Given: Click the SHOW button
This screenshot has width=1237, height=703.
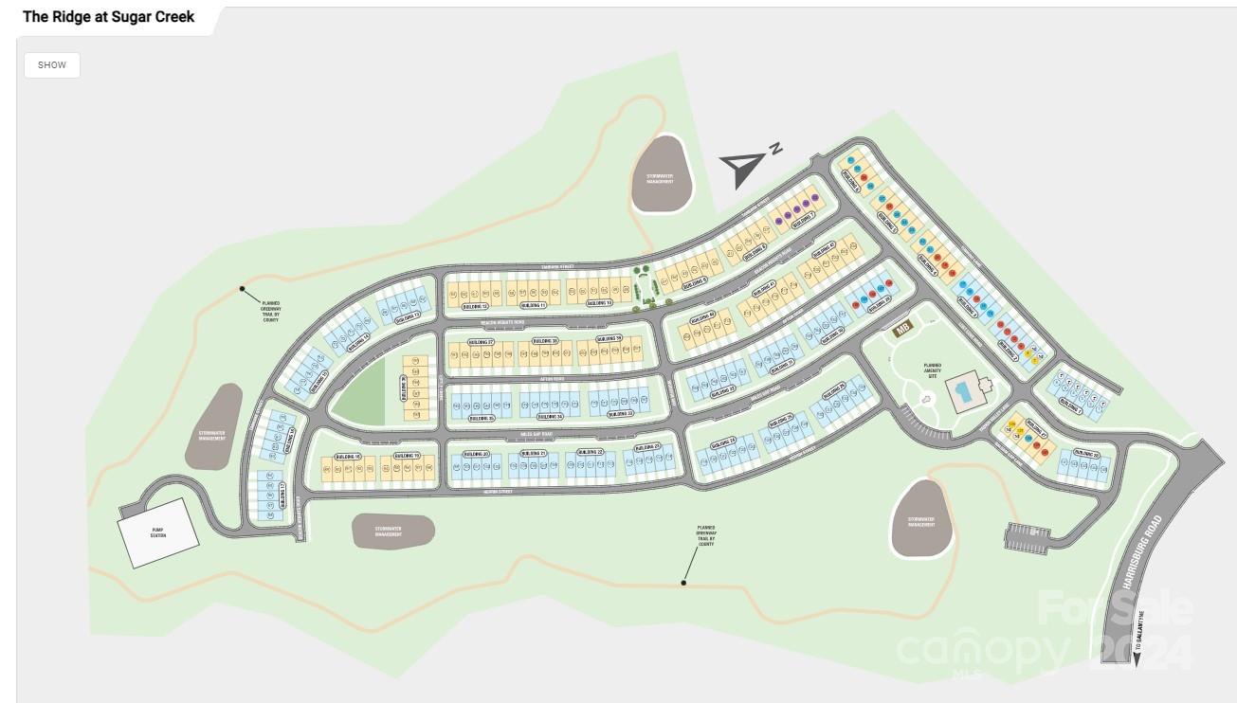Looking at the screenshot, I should (x=52, y=65).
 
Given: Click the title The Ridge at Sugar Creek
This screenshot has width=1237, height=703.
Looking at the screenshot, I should (x=109, y=17).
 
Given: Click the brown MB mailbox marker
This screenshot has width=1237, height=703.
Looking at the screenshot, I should (x=901, y=331).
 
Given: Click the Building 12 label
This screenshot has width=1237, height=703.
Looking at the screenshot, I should (x=474, y=307).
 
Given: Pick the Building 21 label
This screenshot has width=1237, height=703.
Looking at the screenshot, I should (x=534, y=454).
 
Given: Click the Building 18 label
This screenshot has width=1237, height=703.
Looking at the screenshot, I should (x=348, y=457).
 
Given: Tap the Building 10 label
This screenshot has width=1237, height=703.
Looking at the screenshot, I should (x=599, y=303).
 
